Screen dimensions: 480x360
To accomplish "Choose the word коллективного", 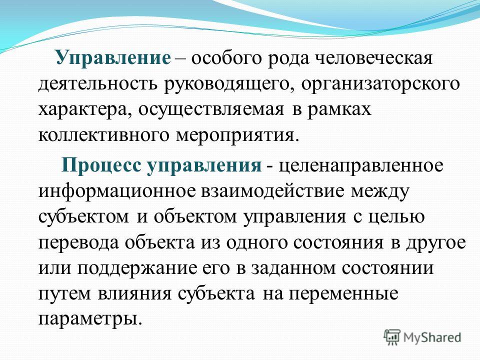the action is point(104,135).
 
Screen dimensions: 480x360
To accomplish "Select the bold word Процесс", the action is point(102,165).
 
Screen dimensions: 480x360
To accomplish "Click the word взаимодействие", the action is point(273,191).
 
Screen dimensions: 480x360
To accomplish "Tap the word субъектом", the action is point(84,216).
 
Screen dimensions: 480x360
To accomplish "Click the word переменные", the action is point(344,294).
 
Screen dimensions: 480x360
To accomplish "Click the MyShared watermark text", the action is point(432,337).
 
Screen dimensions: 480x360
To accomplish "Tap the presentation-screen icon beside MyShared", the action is point(392,337).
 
